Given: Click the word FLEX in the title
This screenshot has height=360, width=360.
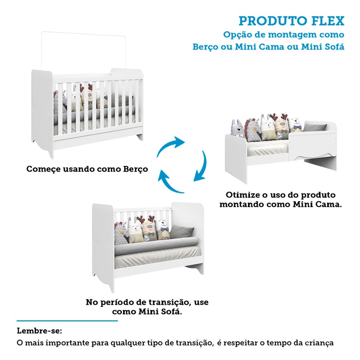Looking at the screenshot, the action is pos(328,21).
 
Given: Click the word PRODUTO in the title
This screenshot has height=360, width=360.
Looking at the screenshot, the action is pos(273,21).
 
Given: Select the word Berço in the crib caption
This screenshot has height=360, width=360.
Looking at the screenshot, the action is pos(135,169).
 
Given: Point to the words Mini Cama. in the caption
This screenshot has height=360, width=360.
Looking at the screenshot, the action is pos(317,204).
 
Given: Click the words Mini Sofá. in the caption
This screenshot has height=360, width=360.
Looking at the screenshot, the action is pos(160,311).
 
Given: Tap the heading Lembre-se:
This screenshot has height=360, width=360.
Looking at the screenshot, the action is pos(39,331).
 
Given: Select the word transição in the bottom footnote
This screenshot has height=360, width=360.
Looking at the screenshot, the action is pos(193,343).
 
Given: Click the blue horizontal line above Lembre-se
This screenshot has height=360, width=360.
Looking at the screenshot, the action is pos(67,321).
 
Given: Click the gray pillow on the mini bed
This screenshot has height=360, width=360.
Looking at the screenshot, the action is pos(315,127).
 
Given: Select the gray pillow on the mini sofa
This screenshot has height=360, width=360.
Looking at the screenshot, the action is pos(181,231).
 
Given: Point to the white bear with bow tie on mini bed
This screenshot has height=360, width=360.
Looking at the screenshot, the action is pos(294,125).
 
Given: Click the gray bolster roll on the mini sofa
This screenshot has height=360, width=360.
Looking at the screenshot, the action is pos(156,246).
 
